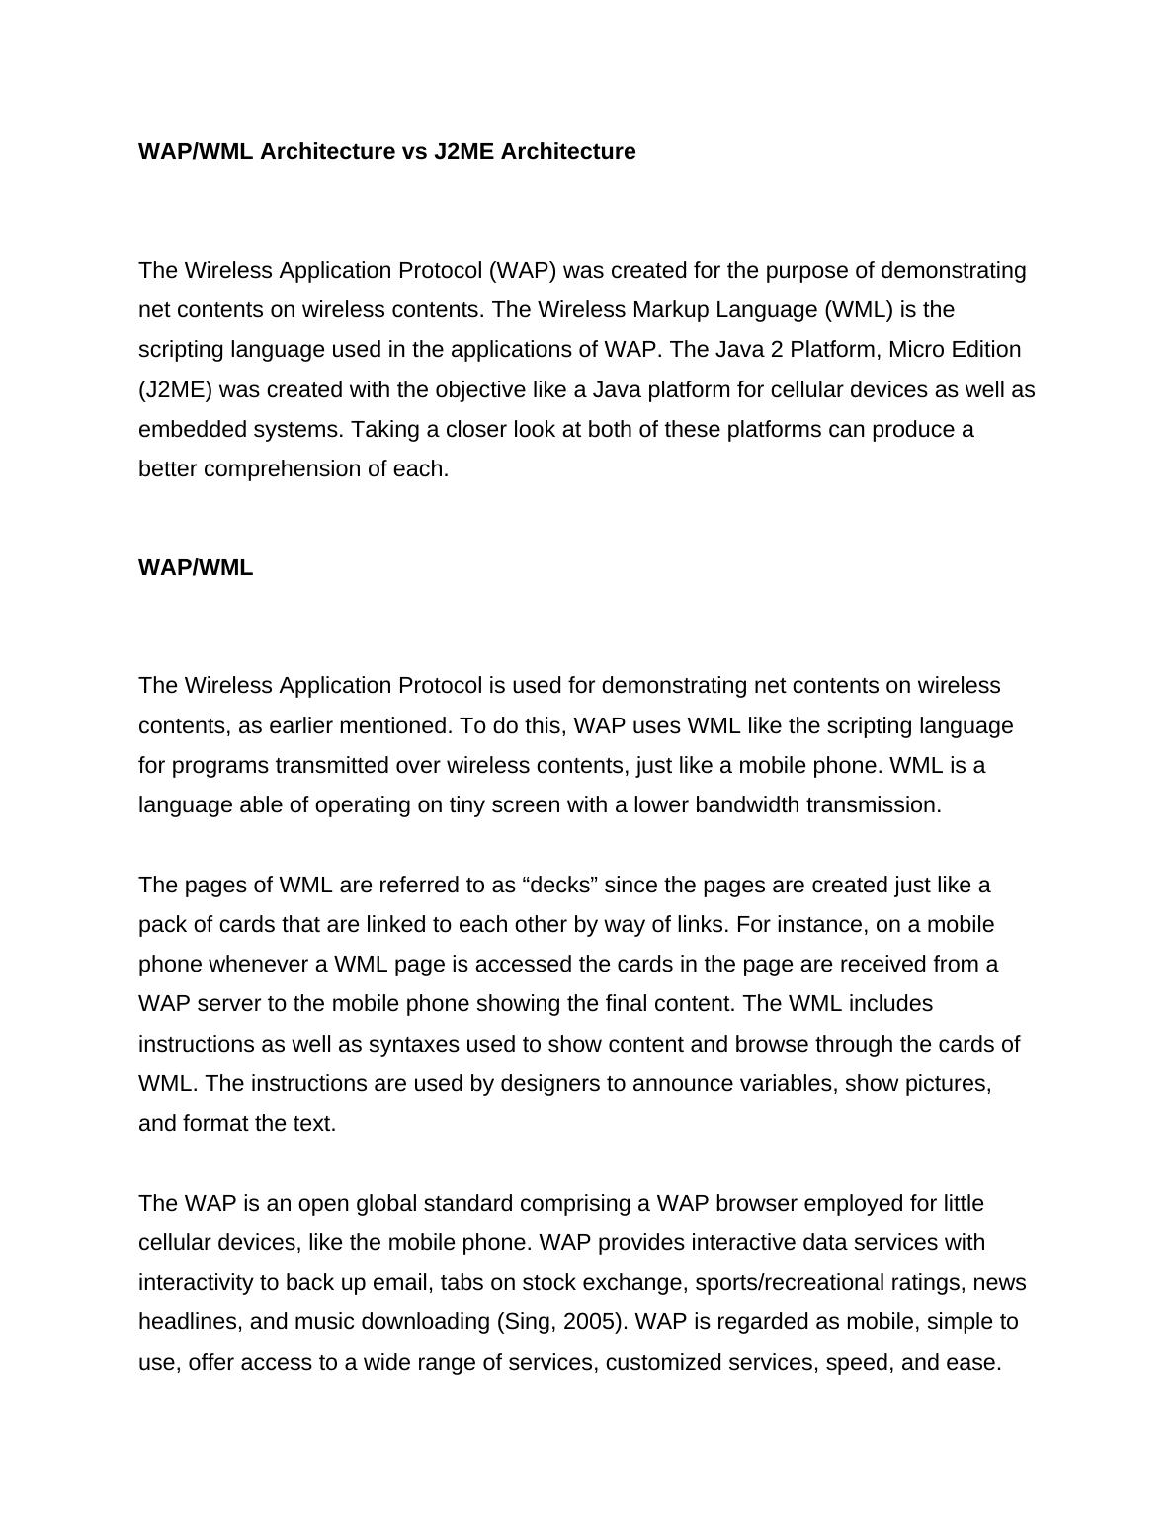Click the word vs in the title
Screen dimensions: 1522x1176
point(415,152)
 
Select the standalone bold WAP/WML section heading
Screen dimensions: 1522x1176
point(196,568)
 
